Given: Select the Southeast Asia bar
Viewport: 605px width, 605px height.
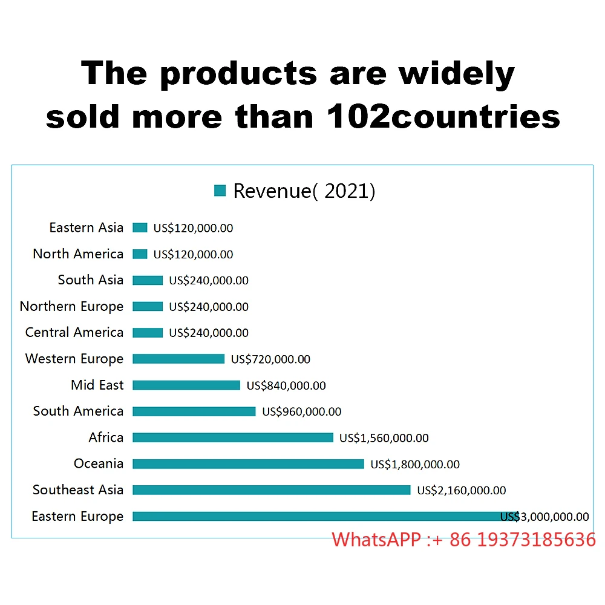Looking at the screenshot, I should click(271, 490).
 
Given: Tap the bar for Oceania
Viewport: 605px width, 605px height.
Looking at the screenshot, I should click(248, 464).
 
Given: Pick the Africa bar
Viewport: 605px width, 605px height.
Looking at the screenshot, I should click(233, 437).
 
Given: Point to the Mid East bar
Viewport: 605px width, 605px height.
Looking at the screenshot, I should click(186, 385).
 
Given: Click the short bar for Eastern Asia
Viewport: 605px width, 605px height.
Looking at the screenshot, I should click(140, 227).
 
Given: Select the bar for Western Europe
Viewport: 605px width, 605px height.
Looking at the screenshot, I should click(178, 359).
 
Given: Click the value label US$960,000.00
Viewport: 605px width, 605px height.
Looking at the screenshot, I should click(301, 412).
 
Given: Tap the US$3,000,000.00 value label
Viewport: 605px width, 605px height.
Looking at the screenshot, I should click(544, 517).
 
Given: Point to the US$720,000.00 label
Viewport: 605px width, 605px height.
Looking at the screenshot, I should click(270, 359).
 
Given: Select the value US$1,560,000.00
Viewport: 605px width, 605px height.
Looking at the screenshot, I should click(384, 438).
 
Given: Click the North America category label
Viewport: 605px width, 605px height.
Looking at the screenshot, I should click(78, 254).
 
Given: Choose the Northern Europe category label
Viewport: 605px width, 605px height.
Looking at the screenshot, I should click(71, 306).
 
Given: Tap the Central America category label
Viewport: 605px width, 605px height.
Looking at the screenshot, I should click(74, 333).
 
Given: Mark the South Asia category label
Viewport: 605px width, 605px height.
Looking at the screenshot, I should click(91, 280).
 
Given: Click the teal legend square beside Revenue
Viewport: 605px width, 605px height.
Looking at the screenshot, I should click(220, 191).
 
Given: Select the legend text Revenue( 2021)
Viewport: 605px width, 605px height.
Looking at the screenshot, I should click(304, 191).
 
